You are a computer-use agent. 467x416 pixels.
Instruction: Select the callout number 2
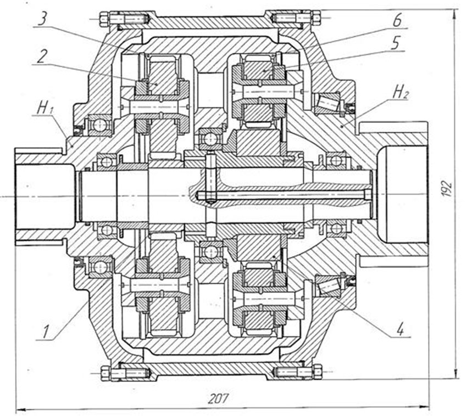[x=41, y=56]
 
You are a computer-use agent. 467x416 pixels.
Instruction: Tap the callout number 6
[x=397, y=20]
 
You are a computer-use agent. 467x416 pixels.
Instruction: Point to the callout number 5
[x=395, y=43]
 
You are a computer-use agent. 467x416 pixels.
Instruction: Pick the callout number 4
[x=400, y=329]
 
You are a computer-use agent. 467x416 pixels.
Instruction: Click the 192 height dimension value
[x=447, y=188]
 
